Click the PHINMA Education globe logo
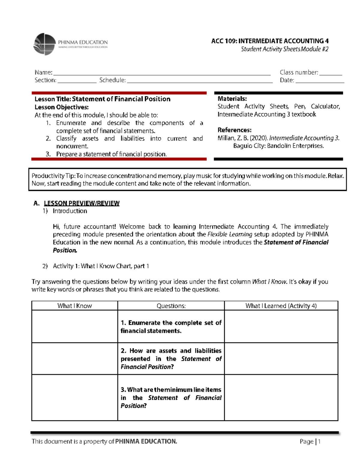point(44,44)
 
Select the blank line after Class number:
point(331,74)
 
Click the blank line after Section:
point(77,81)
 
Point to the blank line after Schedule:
point(199,81)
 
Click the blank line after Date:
point(319,81)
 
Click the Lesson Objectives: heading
point(61,107)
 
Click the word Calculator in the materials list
point(325,107)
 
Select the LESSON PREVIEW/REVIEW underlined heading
point(82,203)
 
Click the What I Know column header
point(74,306)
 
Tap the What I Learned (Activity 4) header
point(281,306)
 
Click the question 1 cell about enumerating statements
point(171,327)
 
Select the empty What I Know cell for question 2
point(74,359)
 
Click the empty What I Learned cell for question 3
point(281,398)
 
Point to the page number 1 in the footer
point(319,441)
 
